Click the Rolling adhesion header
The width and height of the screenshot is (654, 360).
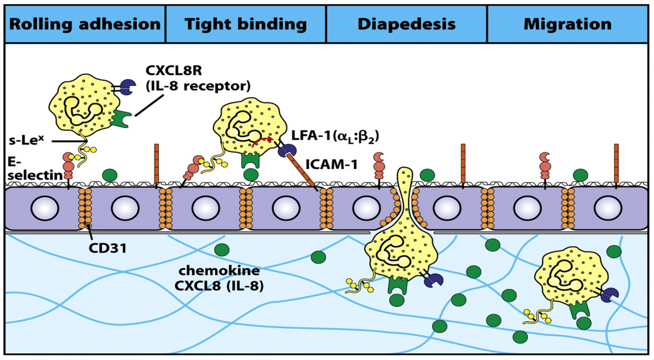(x=85, y=24)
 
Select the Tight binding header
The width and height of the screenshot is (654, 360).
(x=246, y=24)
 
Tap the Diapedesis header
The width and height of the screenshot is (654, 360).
(x=406, y=24)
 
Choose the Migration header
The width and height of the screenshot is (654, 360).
(x=567, y=24)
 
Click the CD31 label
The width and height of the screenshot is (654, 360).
(x=108, y=248)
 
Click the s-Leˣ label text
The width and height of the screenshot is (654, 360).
(x=27, y=140)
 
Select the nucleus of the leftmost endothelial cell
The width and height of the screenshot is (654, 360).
(x=45, y=208)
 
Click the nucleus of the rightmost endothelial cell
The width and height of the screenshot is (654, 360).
(x=608, y=208)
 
